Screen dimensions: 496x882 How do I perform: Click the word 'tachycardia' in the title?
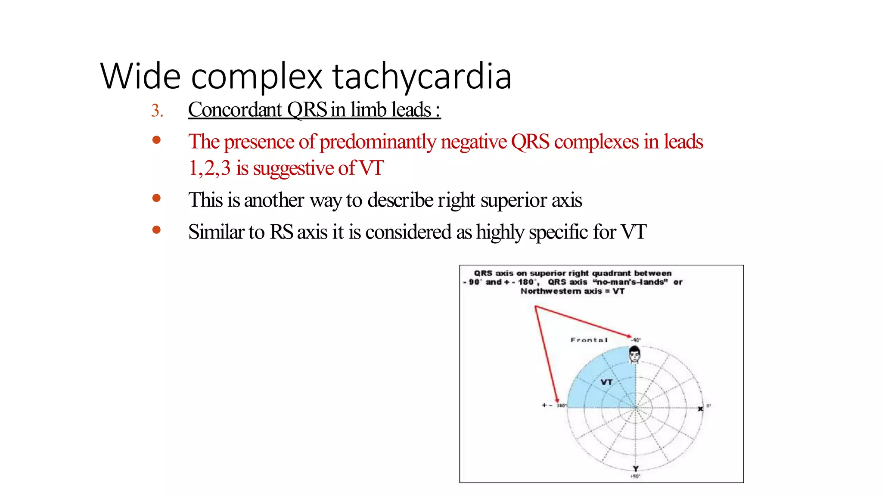[422, 76]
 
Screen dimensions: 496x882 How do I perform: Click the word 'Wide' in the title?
[140, 76]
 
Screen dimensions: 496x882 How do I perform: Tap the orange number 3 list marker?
[156, 111]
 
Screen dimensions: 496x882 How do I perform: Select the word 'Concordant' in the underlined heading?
[235, 110]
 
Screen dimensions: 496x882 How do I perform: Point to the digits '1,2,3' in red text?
[210, 168]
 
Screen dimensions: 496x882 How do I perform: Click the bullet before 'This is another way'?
[156, 198]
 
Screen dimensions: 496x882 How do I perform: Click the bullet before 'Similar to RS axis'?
[156, 230]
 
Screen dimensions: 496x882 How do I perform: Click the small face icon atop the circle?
[634, 354]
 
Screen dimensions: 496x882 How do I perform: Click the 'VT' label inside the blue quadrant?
[606, 382]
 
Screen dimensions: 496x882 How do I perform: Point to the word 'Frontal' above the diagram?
[589, 340]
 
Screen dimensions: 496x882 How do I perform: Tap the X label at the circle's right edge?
[700, 409]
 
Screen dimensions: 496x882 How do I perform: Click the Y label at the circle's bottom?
[636, 468]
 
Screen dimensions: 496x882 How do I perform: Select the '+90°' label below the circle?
[635, 476]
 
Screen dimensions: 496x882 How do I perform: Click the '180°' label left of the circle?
[561, 406]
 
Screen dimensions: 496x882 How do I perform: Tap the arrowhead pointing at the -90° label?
[629, 336]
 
